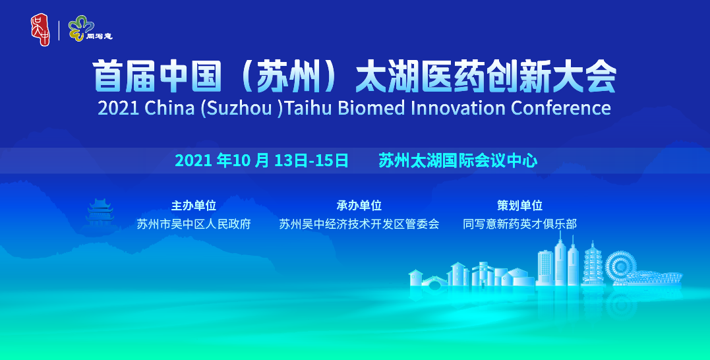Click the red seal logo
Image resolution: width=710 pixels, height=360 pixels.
pyautogui.click(x=40, y=30)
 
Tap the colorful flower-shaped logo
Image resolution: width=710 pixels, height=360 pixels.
pyautogui.click(x=80, y=28)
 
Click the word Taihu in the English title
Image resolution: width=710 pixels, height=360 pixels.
pyautogui.click(x=309, y=108)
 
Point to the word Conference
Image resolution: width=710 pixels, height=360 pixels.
pyautogui.click(x=560, y=108)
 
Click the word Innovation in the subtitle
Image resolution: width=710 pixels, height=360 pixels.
pyautogui.click(x=458, y=108)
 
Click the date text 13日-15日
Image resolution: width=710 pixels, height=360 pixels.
pyautogui.click(x=312, y=160)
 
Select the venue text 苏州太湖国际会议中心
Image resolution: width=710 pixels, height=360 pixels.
pyautogui.click(x=458, y=160)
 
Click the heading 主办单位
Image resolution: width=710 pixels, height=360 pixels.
pyautogui.click(x=193, y=205)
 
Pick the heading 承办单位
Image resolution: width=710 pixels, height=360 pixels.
pyautogui.click(x=359, y=205)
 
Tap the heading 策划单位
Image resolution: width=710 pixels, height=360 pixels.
pyautogui.click(x=520, y=205)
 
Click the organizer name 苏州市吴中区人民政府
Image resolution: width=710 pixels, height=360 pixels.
pyautogui.click(x=194, y=224)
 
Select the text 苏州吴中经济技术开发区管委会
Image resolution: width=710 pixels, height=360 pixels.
pyautogui.click(x=359, y=224)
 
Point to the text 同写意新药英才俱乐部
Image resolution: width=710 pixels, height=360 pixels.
pyautogui.click(x=520, y=224)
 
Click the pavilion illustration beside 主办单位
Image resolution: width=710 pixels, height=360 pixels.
pyautogui.click(x=100, y=213)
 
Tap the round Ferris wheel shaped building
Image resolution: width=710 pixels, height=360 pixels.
pyautogui.click(x=620, y=268)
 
